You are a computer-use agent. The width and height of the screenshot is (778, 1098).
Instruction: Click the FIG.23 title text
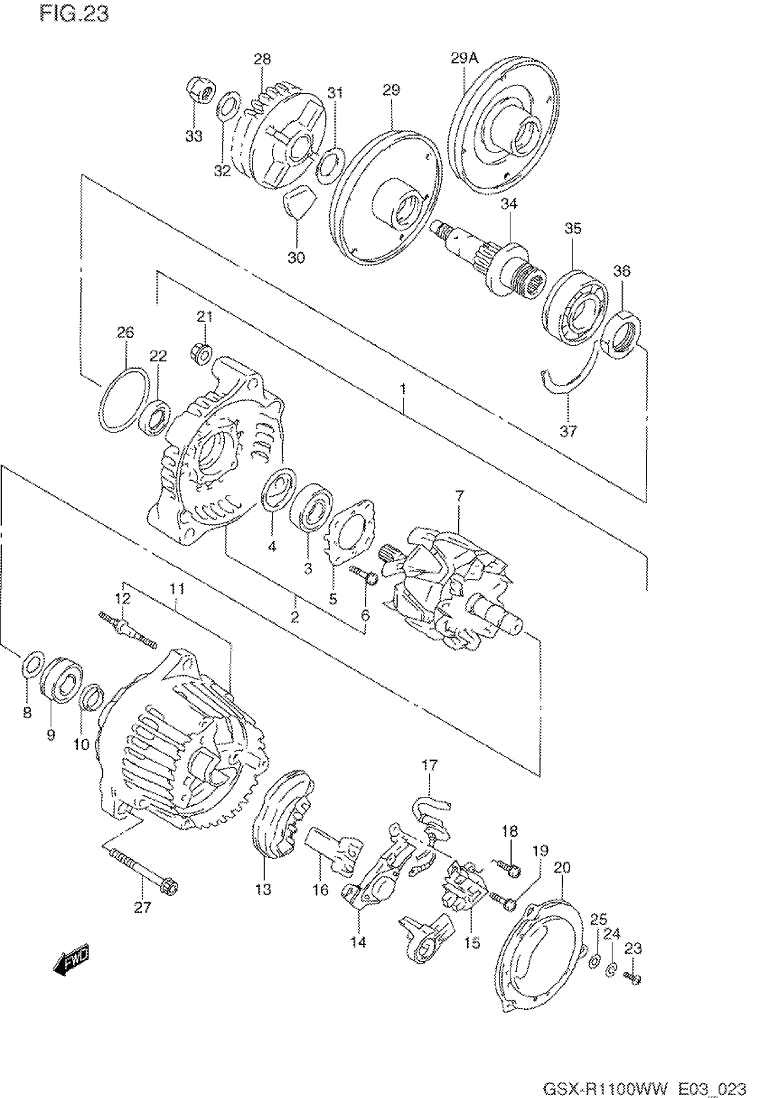(x=74, y=14)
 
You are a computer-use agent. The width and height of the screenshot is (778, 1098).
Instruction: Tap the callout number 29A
(x=464, y=59)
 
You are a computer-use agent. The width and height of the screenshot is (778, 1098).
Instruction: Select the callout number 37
(x=568, y=431)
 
